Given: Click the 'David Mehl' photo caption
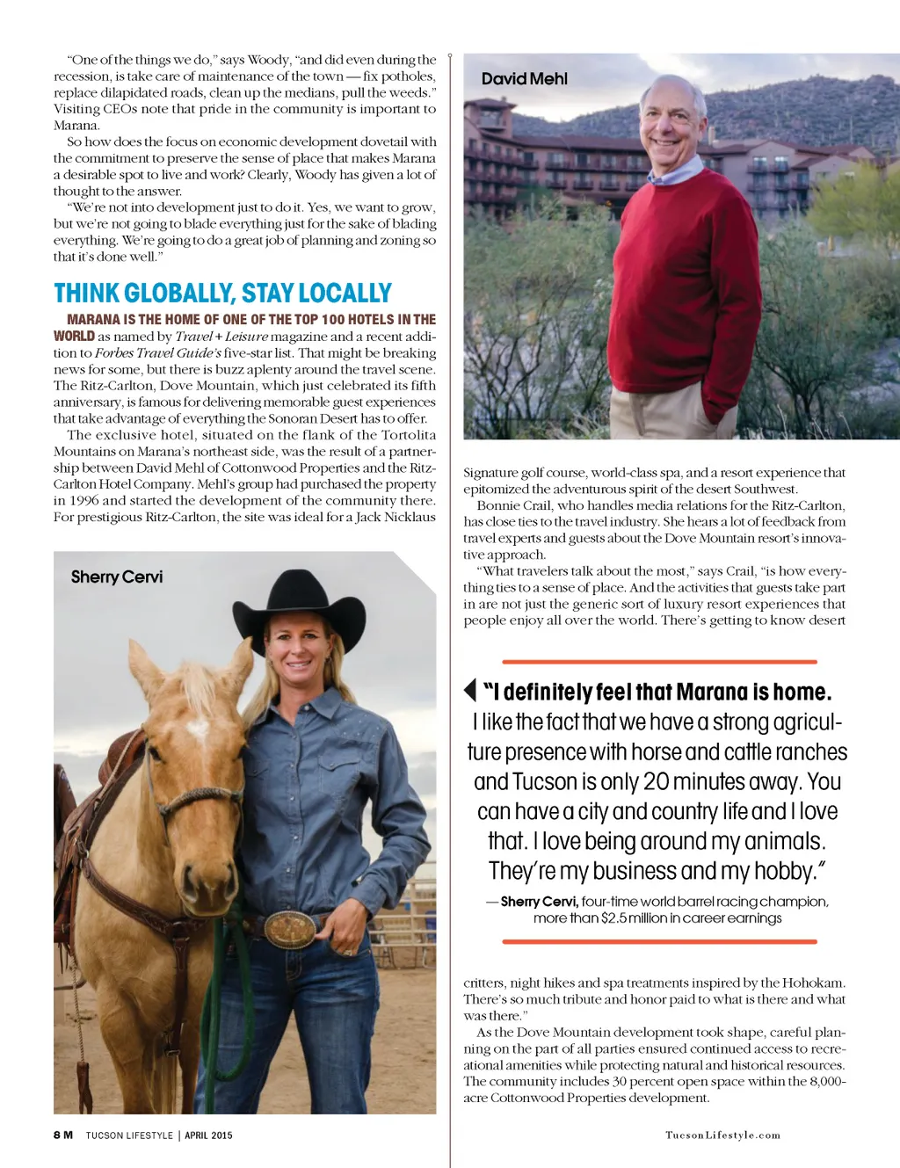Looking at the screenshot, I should (x=524, y=79).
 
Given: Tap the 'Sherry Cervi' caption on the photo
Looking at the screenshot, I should (x=117, y=577).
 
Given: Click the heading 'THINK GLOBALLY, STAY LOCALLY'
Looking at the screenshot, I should (x=222, y=293).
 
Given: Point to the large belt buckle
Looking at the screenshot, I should (x=289, y=929).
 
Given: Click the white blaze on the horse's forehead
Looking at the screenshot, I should (x=197, y=729).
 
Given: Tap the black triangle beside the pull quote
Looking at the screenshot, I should (x=470, y=690).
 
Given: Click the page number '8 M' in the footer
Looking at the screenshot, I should (x=62, y=1135).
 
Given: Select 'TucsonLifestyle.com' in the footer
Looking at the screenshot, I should (x=722, y=1135).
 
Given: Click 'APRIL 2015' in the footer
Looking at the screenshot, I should (x=208, y=1135).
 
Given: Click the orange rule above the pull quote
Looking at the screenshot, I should (x=659, y=661).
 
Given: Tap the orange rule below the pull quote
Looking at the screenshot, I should (x=659, y=941).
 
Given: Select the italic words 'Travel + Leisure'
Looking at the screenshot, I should (x=221, y=337).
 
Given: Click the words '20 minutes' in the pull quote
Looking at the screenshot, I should (x=694, y=782).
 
